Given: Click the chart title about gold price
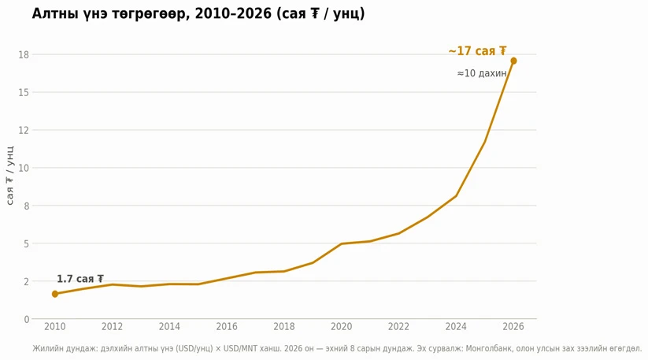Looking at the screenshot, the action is pos(198,14).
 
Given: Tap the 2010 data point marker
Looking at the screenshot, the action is pos(55,294).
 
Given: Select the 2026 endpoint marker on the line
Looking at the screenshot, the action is pos(513,61).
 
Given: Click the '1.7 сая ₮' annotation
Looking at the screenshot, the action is pos(80,279).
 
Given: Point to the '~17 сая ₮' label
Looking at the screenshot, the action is pos(477,51).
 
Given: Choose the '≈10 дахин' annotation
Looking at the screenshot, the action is pos(482,73).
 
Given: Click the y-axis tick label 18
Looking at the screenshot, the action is pos(24,54).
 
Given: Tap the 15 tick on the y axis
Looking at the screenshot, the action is pos(24,92).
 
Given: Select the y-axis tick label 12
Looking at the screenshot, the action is pos(24,130).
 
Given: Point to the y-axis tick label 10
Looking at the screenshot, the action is pos(24,168).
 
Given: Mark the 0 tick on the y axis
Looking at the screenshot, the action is pos(27,319).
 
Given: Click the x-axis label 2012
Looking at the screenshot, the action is pos(112,327).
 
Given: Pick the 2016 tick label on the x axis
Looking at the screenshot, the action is pos(227,327).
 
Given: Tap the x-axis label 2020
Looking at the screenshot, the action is pos(342,327).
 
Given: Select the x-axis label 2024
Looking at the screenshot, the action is pos(456,327).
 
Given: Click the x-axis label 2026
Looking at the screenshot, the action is pos(513,327).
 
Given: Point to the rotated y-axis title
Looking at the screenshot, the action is pos(10,175).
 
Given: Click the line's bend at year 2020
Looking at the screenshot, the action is pos(342,243).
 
